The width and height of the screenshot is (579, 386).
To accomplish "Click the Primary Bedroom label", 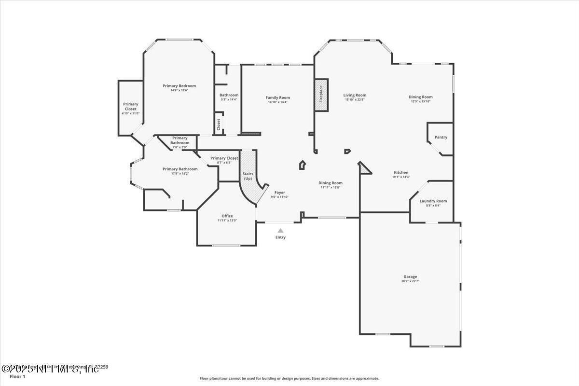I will coord(179,86).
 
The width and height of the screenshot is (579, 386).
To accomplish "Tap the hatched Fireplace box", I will coord(321,95).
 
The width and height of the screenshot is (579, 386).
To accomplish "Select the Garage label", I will coord(410,277).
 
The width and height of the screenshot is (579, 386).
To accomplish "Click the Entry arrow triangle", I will coord(280,231).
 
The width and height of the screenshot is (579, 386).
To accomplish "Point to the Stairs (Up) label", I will coord(248,175).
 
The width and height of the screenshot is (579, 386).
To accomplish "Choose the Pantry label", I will coord(441,138).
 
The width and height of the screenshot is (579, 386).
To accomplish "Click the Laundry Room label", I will coord(433,201).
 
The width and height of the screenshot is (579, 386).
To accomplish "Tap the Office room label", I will coord(227,216).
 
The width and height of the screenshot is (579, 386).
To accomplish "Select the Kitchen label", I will coord(400,173).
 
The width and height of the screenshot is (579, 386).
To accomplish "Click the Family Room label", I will coord(277,97).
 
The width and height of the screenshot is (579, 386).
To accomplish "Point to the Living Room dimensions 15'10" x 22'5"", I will coord(355,100).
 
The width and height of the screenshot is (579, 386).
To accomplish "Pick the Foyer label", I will coord(279,193).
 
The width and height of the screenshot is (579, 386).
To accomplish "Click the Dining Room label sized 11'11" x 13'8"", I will coord(331,183).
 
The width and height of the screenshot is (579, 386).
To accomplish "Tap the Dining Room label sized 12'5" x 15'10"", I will coord(420,97).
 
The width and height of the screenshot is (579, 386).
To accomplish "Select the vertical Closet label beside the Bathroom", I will coord(219,124).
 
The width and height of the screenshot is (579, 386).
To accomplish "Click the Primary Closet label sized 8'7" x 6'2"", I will coord(224,158).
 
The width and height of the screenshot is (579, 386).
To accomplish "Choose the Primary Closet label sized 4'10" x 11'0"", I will coord(130,107).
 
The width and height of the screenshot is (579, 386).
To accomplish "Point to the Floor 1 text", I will coord(17,376).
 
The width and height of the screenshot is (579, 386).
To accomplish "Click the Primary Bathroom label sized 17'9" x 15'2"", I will coord(179,169).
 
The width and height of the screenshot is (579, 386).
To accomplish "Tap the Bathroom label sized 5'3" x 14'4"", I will coord(229,95).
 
